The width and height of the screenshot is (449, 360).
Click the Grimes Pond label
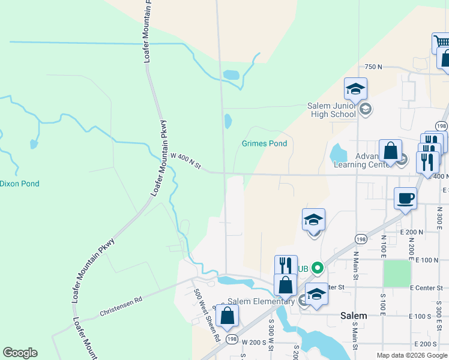pyautogui.click(x=264, y=143)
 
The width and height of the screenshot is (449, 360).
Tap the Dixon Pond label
pyautogui.click(x=19, y=183)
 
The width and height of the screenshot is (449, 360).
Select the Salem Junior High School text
pyautogui.click(x=331, y=110)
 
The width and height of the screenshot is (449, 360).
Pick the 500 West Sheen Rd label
pyautogui.click(x=206, y=316)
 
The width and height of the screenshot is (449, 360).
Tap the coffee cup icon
pyautogui.click(x=405, y=198)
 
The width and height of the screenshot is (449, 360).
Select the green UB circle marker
pyautogui.click(x=318, y=268)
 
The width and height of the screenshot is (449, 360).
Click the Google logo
pyautogui.click(x=20, y=353)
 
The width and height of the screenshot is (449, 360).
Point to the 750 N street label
pyautogui.click(x=373, y=67)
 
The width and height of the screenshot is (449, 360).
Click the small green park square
pyautogui.click(x=396, y=273)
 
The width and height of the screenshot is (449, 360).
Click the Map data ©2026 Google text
pyautogui.click(x=411, y=355)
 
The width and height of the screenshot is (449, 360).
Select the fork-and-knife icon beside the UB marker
pyautogui.click(x=285, y=266)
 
